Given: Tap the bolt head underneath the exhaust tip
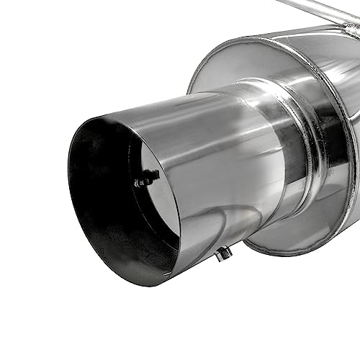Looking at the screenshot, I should (224, 253).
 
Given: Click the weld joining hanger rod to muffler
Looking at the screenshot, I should (351, 27).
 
